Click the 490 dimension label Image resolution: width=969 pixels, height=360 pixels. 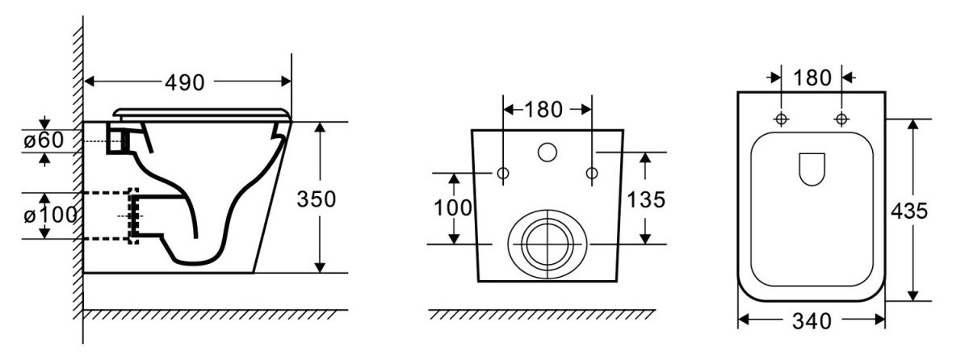tap(184, 82)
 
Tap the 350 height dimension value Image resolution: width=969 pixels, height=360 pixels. tap(317, 199)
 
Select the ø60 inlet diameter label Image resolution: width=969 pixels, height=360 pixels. tap(44, 140)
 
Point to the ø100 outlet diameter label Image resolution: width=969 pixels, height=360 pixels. tap(50, 215)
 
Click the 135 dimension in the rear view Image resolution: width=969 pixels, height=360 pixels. tap(646, 199)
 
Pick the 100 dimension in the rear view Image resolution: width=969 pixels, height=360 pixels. tap(453, 208)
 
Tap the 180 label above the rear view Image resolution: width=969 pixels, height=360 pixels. tap(543, 110)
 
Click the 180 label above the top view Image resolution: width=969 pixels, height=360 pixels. tap(812, 77)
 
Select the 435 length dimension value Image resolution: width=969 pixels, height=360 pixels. tap(909, 211)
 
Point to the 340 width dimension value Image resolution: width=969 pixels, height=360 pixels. tap(812, 321)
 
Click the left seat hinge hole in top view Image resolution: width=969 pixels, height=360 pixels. tap(782, 119)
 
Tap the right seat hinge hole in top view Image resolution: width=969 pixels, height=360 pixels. tap(841, 119)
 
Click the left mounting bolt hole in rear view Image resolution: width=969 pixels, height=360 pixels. tap(503, 174)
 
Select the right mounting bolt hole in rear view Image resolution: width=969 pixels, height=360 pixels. tap(592, 174)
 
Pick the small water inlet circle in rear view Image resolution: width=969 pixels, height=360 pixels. tap(547, 152)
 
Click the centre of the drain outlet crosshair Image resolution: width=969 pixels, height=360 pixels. tap(548, 245)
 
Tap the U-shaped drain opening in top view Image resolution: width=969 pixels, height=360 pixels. tap(812, 170)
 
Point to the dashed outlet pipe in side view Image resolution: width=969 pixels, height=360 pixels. tap(111, 216)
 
